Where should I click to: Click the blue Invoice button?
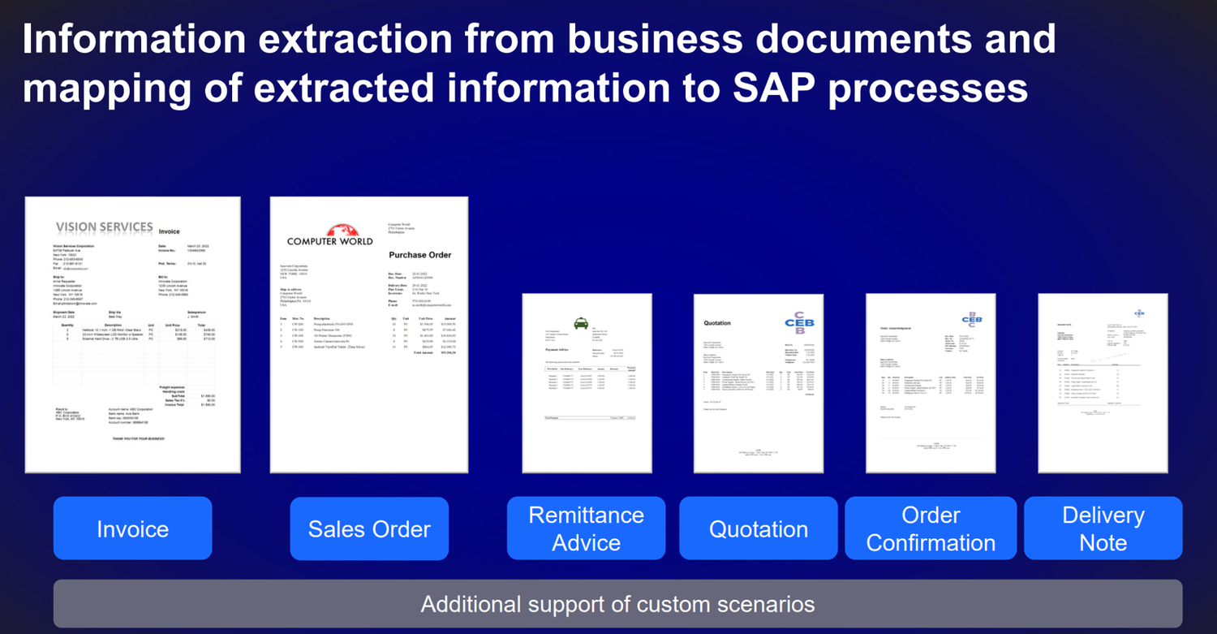pyautogui.click(x=132, y=529)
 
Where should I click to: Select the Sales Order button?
pyautogui.click(x=369, y=529)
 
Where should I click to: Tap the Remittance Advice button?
pyautogui.click(x=586, y=529)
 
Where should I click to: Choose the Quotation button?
pyautogui.click(x=758, y=529)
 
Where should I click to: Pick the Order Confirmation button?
pyautogui.click(x=931, y=529)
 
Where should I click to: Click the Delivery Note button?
pyautogui.click(x=1103, y=529)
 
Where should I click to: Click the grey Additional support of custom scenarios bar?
pyautogui.click(x=617, y=604)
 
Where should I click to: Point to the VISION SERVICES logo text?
pyautogui.click(x=104, y=226)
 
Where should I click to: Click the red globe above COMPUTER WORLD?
pyautogui.click(x=330, y=231)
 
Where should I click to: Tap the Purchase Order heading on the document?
pyautogui.click(x=419, y=255)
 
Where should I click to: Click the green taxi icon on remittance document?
pyautogui.click(x=582, y=324)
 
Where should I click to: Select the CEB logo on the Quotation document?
pyautogui.click(x=799, y=322)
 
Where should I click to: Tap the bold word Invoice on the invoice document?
pyautogui.click(x=169, y=231)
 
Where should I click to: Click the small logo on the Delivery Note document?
pyautogui.click(x=1140, y=312)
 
